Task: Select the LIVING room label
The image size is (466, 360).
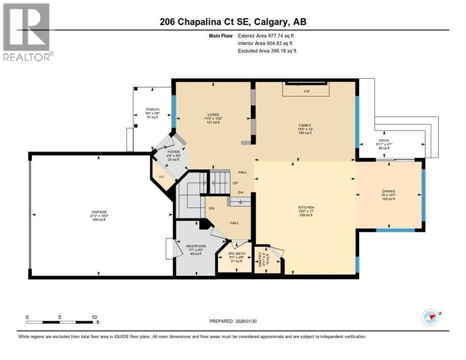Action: [214, 114]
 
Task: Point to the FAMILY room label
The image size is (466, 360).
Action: [305, 126]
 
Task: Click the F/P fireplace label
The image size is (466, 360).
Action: [307, 90]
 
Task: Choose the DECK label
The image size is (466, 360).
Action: [383, 140]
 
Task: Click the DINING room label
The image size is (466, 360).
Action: [388, 191]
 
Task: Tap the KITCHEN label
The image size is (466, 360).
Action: [306, 207]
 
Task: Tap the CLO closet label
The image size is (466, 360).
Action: [160, 177]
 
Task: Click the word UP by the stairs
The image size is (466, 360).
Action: [236, 183]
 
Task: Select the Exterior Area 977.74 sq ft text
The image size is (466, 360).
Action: [266, 36]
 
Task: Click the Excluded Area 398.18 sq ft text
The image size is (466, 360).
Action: [267, 51]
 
